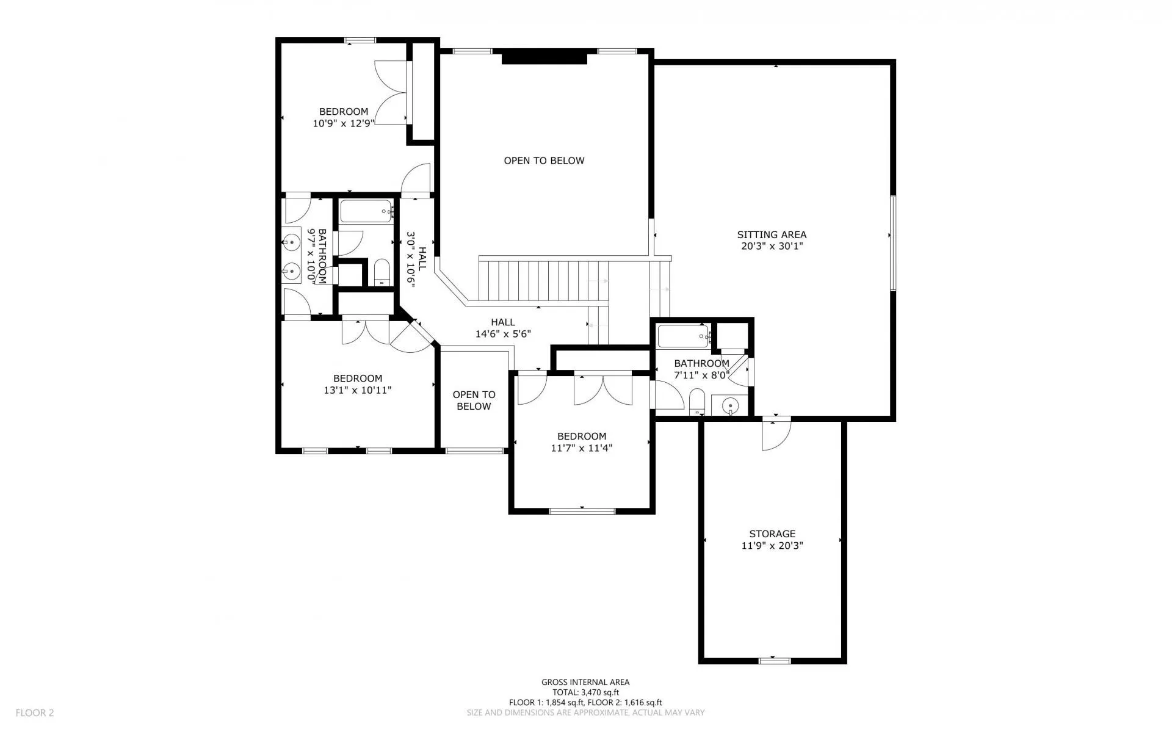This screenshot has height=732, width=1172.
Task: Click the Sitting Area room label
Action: coord(772,234)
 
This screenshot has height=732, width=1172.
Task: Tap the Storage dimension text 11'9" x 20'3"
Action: coord(772,546)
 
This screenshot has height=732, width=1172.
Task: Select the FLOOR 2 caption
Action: coord(35,712)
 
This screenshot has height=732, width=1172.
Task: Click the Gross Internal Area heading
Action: coord(585,683)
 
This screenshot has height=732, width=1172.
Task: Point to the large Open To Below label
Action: coord(544,161)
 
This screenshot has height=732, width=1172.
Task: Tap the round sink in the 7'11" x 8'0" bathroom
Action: coord(730,405)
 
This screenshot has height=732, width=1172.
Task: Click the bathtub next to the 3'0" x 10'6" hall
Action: coord(366,211)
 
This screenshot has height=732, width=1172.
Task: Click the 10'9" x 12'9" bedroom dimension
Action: coord(344,123)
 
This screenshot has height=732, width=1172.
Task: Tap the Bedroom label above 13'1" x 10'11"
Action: coord(358,379)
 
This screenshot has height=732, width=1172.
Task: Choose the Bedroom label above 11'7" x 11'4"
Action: coord(582,436)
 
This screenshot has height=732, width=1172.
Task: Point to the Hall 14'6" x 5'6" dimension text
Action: coord(503,334)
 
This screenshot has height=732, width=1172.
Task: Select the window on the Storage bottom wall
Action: coord(774,661)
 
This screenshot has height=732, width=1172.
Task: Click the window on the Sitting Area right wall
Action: coord(892,243)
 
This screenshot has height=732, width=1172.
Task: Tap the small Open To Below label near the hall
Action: coord(474,400)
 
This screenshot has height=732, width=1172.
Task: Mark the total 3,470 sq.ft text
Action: coord(585,692)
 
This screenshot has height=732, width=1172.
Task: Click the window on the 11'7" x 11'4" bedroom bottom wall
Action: coord(581,510)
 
